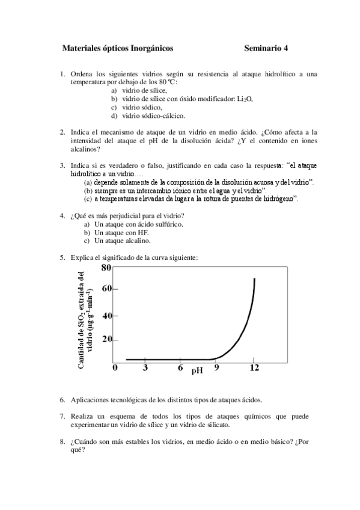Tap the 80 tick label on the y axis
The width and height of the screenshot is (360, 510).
[106, 268]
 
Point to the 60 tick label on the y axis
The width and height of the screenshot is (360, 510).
[106, 289]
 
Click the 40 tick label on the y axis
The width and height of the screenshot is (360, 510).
[106, 316]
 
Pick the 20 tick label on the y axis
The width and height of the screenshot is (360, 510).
[106, 340]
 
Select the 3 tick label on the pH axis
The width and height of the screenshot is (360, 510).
[145, 368]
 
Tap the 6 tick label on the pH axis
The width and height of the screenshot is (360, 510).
[180, 368]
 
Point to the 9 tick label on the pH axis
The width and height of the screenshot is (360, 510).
[216, 368]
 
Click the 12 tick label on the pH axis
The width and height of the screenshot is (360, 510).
[254, 368]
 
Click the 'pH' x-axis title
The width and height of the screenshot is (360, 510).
[197, 371]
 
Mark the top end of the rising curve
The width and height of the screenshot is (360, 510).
[255, 278]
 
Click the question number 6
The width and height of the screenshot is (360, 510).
[63, 399]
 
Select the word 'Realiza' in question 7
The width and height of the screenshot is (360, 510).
[84, 416]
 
